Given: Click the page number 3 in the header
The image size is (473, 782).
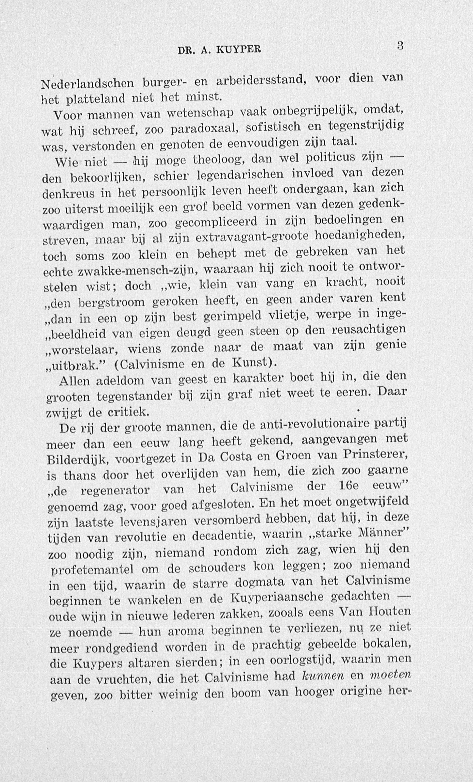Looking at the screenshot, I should (400, 46).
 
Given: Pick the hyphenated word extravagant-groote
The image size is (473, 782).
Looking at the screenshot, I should (252, 237).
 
